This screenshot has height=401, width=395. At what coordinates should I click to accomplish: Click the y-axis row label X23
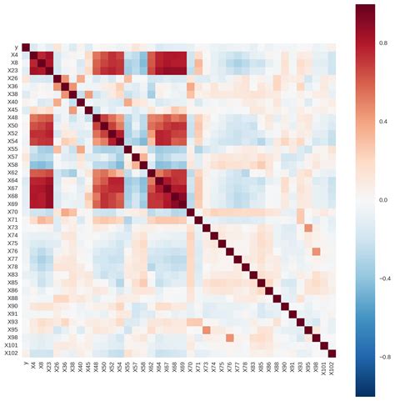(x=12, y=71)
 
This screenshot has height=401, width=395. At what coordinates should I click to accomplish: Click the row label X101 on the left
(x=11, y=345)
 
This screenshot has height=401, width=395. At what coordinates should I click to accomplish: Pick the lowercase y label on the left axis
(x=17, y=48)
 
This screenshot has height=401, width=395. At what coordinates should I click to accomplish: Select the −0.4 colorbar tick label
(x=384, y=278)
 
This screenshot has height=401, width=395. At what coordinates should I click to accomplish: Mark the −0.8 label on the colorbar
(x=384, y=357)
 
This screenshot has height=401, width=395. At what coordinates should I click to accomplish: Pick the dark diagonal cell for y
(x=26, y=47)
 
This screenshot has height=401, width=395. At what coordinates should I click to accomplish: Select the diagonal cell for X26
(x=57, y=78)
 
